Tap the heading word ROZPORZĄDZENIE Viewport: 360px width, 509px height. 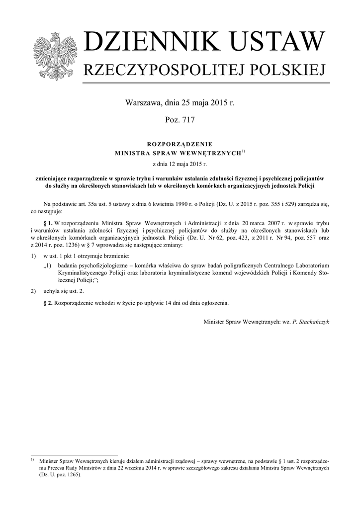pos(180,144)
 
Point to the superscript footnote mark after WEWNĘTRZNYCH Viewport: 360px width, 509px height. pos(244,151)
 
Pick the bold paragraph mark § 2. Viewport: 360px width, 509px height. pos(48,302)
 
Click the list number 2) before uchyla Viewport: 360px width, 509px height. pos(33,290)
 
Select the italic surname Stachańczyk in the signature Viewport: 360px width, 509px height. pos(311,322)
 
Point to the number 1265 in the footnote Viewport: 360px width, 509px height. pos(71,474)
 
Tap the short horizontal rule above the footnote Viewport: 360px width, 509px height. pos(74,454)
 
